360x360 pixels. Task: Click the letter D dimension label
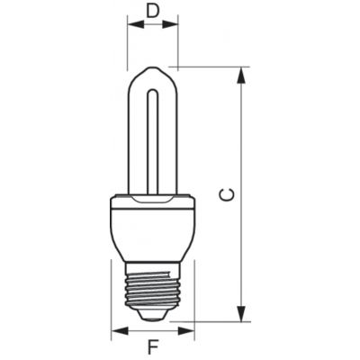click(x=153, y=11)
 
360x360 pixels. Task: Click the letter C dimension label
click(x=227, y=194)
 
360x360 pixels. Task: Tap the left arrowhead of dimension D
click(x=136, y=24)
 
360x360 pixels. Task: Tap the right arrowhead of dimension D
click(x=170, y=24)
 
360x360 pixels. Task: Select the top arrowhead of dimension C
click(x=241, y=75)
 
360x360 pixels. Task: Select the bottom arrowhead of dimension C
click(x=241, y=313)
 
